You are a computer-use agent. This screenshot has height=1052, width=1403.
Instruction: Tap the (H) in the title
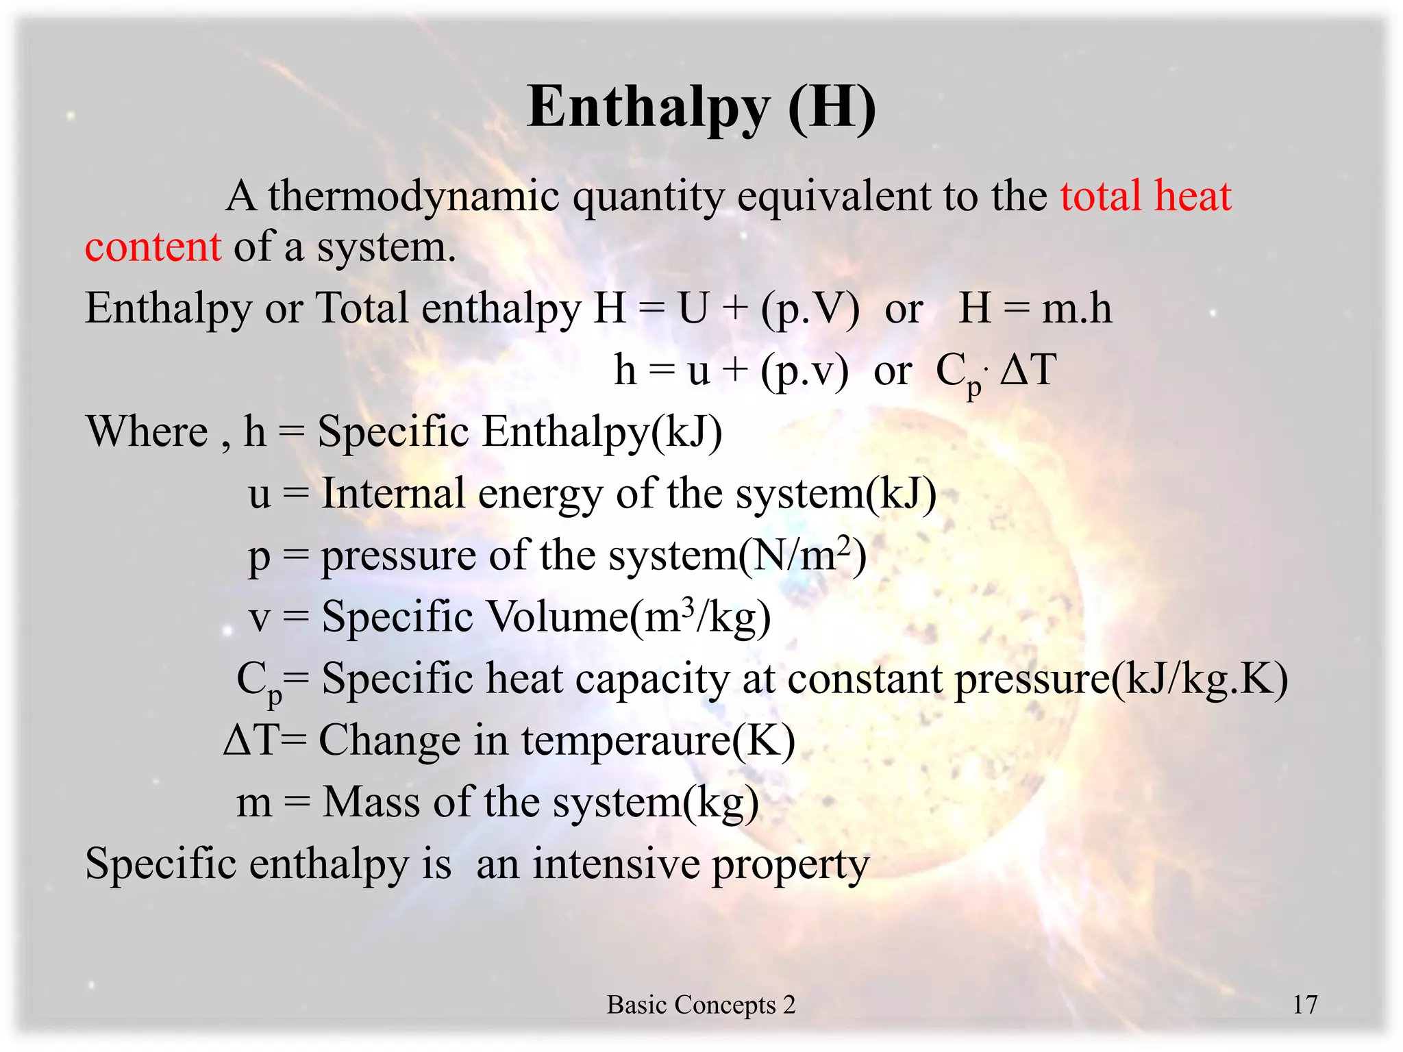point(832,108)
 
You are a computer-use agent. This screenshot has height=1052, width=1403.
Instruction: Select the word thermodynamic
point(414,197)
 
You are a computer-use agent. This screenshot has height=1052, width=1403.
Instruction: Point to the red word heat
point(1193,197)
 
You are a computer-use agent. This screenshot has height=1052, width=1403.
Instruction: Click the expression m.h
point(1076,308)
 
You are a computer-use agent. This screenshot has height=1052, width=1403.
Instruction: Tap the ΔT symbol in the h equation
point(1028,370)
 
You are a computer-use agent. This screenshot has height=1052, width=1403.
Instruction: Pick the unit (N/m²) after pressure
point(802,555)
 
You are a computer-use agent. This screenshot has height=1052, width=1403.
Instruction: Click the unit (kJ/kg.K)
point(1200,679)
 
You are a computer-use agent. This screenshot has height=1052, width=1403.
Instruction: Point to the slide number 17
point(1304,1005)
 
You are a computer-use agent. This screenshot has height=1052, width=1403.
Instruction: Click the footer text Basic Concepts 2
point(701,1005)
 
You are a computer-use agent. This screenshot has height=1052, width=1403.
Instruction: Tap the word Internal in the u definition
point(393,493)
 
